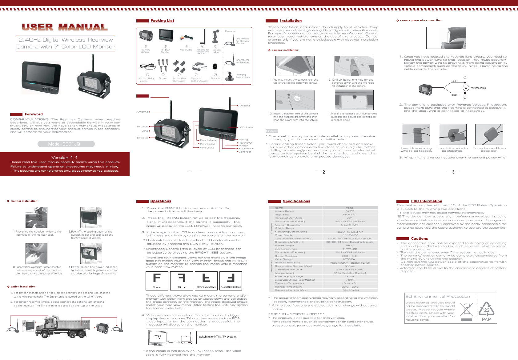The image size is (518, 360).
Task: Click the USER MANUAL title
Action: pyautogui.click(x=65, y=27)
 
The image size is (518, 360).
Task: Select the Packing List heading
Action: pyautogui.click(x=162, y=21)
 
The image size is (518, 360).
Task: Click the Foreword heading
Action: pyautogui.click(x=34, y=114)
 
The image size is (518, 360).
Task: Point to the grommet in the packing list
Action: pyautogui.click(x=215, y=66)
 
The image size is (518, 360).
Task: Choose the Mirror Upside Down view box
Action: pyautogui.click(x=206, y=281)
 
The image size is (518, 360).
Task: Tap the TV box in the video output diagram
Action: pyautogui.click(x=158, y=337)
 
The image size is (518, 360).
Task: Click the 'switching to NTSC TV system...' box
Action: pyautogui.click(x=218, y=337)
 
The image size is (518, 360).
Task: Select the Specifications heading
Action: pyautogui.click(x=296, y=201)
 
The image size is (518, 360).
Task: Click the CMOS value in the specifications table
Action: pyautogui.click(x=350, y=211)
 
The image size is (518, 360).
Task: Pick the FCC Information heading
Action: pyautogui.click(x=426, y=201)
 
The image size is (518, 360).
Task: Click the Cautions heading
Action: pyautogui.click(x=420, y=238)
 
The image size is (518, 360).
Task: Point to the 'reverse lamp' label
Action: pyautogui.click(x=478, y=88)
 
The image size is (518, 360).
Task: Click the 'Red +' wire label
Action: pyautogui.click(x=455, y=81)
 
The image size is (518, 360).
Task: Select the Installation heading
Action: pyautogui.click(x=291, y=21)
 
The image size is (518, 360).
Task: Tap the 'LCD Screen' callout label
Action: pyautogui.click(x=246, y=127)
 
